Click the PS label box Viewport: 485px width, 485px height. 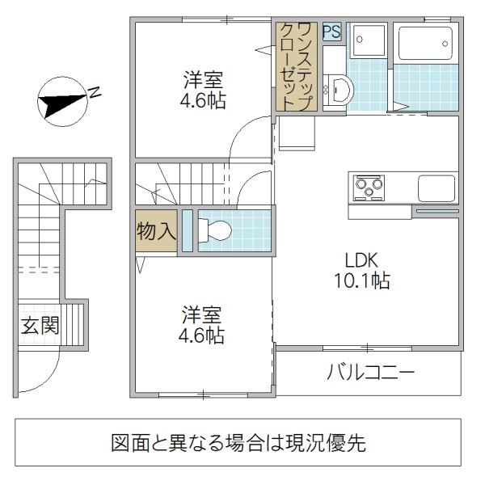[332, 32]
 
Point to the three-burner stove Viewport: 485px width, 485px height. [369, 188]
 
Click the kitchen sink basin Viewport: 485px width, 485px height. [437, 188]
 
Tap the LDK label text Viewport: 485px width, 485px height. [361, 260]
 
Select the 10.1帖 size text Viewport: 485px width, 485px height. [361, 281]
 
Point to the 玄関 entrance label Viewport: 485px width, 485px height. [40, 326]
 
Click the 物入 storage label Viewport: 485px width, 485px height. [156, 231]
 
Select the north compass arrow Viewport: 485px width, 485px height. [64, 100]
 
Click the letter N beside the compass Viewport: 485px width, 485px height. [95, 91]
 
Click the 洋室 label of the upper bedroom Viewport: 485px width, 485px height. [202, 81]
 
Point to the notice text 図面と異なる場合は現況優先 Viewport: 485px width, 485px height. [238, 443]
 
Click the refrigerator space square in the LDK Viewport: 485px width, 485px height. [296, 134]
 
